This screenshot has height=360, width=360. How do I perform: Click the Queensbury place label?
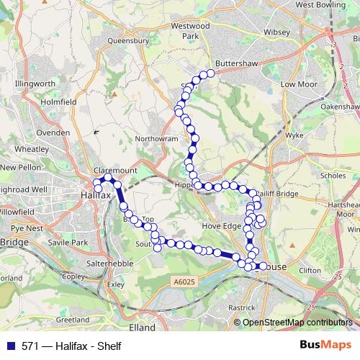point(127,41)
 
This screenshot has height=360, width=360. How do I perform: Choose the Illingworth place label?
point(35,84)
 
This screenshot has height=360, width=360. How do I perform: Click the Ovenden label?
point(53,132)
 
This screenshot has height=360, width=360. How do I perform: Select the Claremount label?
point(115,171)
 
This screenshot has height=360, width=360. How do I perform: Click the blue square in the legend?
point(12,346)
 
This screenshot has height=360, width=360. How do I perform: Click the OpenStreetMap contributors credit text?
point(297,323)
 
